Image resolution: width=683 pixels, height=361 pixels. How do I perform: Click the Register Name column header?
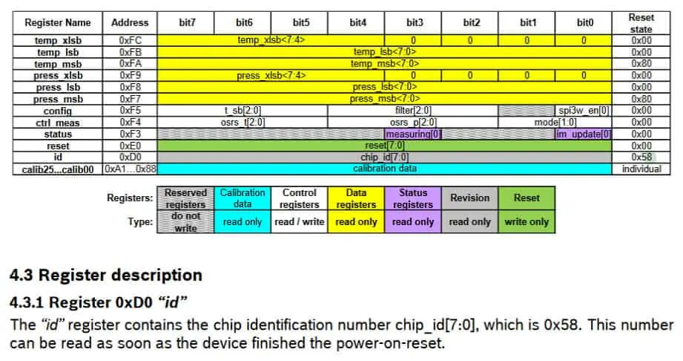(x=59, y=23)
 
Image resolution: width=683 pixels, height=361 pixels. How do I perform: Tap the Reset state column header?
(x=641, y=23)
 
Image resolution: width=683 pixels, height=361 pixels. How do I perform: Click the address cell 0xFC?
(x=130, y=41)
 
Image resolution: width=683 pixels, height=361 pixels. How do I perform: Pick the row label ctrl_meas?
(x=59, y=123)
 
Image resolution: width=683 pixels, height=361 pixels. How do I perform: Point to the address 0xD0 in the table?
(x=130, y=157)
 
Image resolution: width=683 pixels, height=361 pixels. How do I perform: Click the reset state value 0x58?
(x=641, y=157)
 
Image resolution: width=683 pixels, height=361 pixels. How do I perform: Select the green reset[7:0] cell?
(x=384, y=146)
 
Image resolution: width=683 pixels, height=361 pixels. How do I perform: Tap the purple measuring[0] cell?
(x=413, y=134)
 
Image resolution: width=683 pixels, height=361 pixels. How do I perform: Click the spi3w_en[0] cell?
(x=584, y=111)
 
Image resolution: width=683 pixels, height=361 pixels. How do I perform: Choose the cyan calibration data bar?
(x=384, y=169)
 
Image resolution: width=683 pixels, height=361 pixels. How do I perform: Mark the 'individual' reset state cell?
(x=641, y=169)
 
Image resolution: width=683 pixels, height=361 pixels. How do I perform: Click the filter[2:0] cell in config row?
(x=413, y=111)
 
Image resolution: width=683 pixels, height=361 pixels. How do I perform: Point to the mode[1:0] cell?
(x=555, y=123)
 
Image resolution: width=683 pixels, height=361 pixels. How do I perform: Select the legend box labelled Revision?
(x=470, y=198)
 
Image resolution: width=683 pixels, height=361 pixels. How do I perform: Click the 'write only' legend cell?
(x=527, y=221)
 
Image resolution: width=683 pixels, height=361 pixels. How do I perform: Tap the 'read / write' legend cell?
(x=300, y=221)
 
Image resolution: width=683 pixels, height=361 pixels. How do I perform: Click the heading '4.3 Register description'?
(x=105, y=275)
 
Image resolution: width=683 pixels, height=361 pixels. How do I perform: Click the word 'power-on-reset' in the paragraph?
(x=400, y=345)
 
